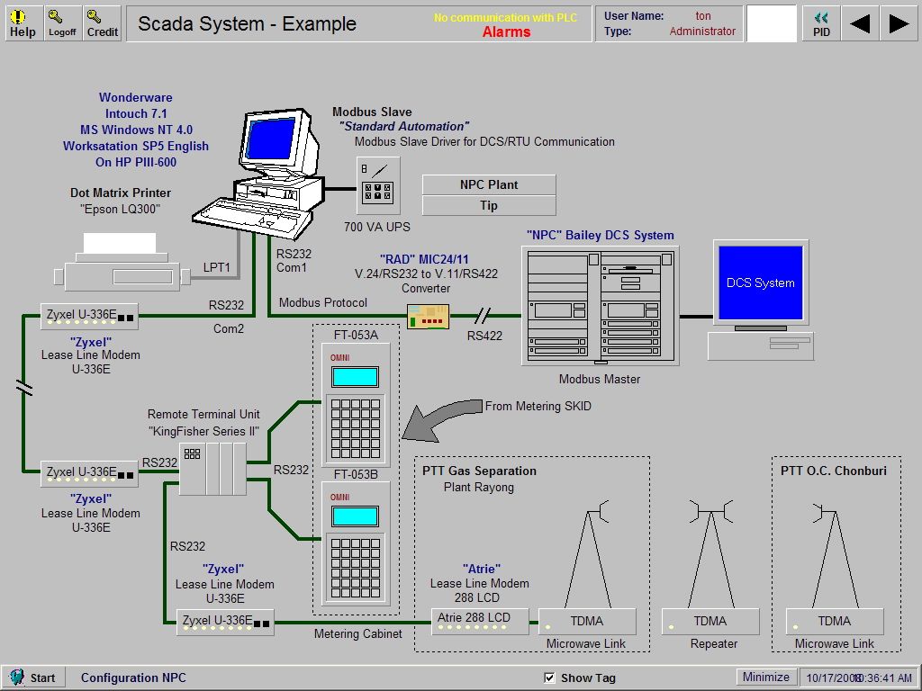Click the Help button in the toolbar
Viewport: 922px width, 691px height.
[23, 23]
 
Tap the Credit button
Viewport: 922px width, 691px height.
[102, 23]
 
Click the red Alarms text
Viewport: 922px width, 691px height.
[506, 32]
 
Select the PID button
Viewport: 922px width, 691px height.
[821, 23]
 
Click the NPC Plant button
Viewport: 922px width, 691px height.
[489, 184]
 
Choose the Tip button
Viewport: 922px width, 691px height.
[489, 205]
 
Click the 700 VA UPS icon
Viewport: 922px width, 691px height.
[377, 186]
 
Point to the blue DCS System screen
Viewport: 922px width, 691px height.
[761, 283]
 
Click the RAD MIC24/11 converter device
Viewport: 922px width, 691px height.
[428, 317]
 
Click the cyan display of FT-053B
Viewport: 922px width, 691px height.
[354, 516]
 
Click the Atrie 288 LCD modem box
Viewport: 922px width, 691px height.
[480, 621]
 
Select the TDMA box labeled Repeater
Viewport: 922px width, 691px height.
[710, 621]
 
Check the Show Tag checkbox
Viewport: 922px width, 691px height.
[550, 678]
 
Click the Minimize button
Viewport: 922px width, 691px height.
[765, 677]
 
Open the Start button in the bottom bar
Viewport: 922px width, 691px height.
[32, 678]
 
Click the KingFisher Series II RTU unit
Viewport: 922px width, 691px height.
[212, 468]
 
